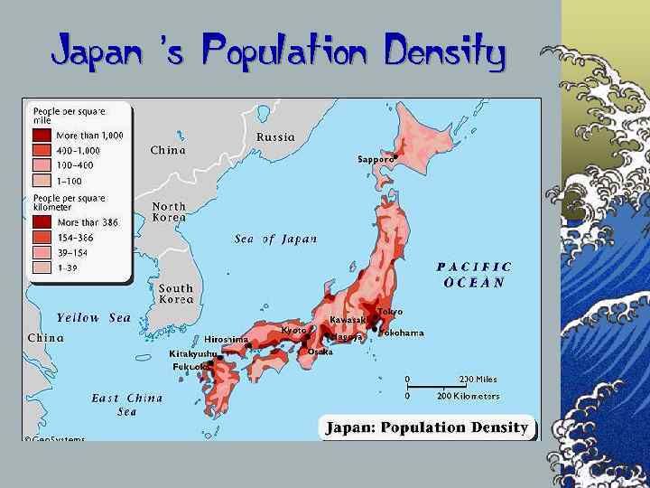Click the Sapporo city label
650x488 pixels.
[376, 159]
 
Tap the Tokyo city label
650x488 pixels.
[389, 312]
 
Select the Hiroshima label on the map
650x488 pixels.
[226, 340]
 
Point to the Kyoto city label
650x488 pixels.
[293, 331]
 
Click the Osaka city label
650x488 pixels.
[320, 352]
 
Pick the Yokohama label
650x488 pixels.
[401, 333]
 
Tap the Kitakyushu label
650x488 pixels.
[193, 353]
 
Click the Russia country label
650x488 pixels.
[275, 137]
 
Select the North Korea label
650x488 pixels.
[169, 212]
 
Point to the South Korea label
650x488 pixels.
[176, 294]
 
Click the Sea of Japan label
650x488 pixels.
[275, 239]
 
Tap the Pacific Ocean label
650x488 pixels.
[474, 275]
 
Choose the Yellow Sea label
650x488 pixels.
[94, 318]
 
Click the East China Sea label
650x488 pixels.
[127, 405]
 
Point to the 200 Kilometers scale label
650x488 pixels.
[468, 396]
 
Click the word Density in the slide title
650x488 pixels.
[444, 52]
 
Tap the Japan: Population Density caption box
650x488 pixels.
[427, 427]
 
